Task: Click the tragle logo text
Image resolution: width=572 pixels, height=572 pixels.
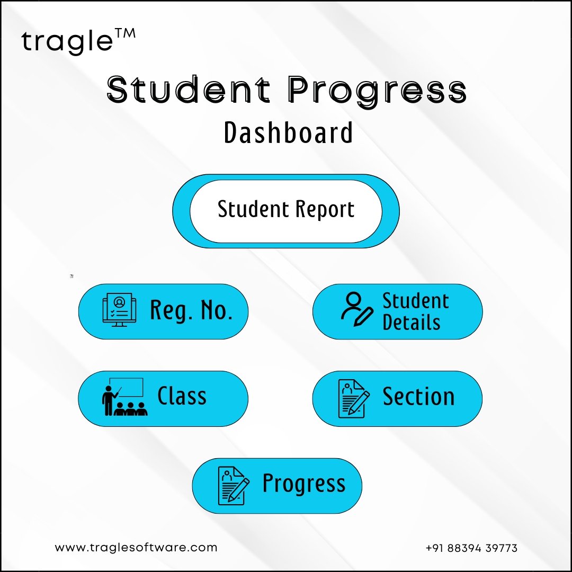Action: (x=67, y=42)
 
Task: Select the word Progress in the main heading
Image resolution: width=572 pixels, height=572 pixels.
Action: (x=377, y=91)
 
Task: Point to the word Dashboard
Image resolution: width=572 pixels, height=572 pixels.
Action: (x=288, y=132)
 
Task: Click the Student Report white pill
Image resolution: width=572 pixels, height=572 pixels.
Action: (x=286, y=211)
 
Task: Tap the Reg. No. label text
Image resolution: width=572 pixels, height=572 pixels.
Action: (x=191, y=310)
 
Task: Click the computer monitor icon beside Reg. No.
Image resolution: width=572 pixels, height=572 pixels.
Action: (x=119, y=310)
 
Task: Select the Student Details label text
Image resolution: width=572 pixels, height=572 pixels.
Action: (x=416, y=311)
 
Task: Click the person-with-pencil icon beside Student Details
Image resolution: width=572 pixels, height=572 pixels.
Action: (x=357, y=309)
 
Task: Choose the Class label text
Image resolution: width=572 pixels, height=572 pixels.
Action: (x=182, y=396)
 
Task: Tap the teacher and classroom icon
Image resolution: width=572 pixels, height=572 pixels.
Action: (x=124, y=397)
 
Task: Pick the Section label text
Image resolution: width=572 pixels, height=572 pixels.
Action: (x=418, y=397)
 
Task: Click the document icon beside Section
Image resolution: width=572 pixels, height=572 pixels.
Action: (x=353, y=398)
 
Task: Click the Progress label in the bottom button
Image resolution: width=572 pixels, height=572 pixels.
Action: (x=304, y=484)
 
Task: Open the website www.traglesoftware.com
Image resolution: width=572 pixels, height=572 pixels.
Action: (x=136, y=548)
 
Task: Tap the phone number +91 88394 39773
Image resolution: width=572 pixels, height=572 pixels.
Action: (x=471, y=548)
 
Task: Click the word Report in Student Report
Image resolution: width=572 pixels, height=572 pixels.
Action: (x=325, y=209)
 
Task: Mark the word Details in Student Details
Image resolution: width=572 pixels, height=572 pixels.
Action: (x=412, y=323)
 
